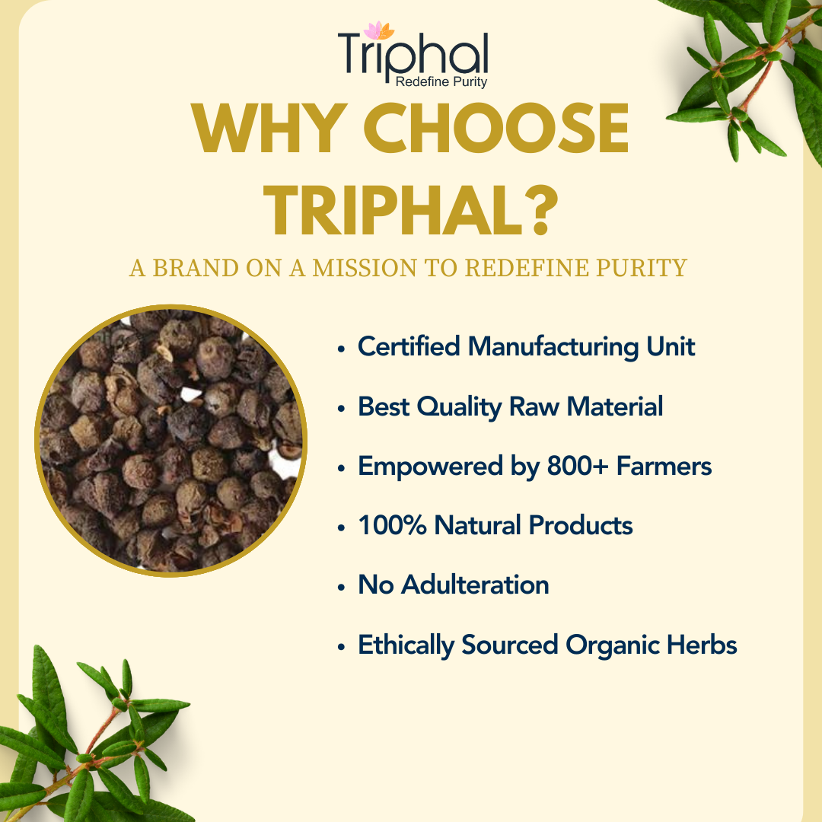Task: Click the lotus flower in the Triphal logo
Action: click(x=379, y=30)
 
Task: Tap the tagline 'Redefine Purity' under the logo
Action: click(x=441, y=81)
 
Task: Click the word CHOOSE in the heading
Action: click(x=496, y=128)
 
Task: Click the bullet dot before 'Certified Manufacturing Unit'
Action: click(x=341, y=349)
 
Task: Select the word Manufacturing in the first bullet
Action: click(x=553, y=347)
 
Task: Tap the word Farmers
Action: click(x=664, y=466)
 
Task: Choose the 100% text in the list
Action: click(x=392, y=525)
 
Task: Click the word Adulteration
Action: click(x=475, y=585)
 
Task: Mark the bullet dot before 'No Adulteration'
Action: click(x=341, y=587)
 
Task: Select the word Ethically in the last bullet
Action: click(x=406, y=645)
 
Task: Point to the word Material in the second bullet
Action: click(x=614, y=406)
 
